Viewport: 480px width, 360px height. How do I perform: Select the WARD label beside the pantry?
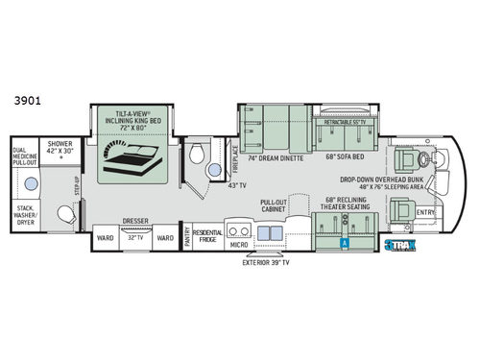pos(165,236)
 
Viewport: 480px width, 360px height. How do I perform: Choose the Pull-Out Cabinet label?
pos(275,206)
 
